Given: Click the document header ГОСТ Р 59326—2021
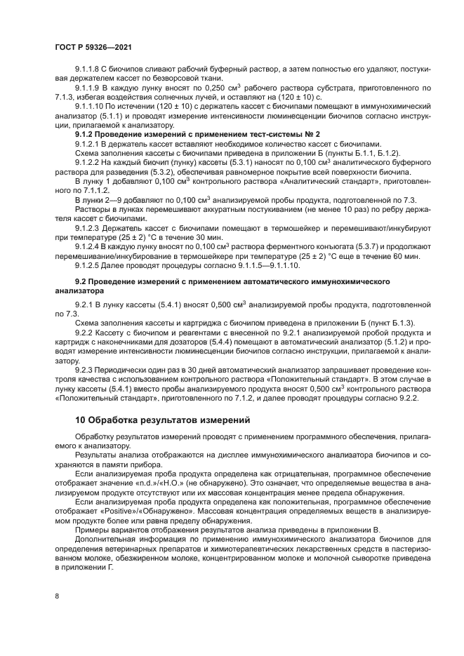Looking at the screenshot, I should tap(93, 47).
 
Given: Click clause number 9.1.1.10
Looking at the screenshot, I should tap(92, 107).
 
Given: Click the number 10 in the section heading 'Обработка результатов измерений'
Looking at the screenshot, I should tap(81, 421).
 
